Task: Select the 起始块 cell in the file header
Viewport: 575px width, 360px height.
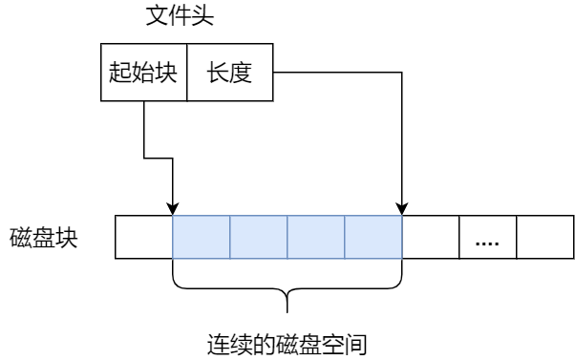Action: pos(143,73)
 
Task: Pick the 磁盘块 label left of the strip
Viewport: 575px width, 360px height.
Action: pos(44,238)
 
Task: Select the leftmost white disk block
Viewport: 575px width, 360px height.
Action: pos(143,238)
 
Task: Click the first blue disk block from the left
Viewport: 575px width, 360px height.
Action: pos(202,238)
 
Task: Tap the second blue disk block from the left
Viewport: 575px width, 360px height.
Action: pos(259,238)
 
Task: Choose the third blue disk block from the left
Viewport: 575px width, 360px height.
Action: pos(316,238)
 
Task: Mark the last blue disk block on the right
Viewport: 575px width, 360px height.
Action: pos(373,238)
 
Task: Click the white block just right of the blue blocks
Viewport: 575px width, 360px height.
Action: pos(431,238)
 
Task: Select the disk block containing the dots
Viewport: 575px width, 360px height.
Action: pos(488,238)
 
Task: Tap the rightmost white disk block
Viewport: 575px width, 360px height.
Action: pos(545,238)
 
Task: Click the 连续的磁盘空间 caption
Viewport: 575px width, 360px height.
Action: pos(287,342)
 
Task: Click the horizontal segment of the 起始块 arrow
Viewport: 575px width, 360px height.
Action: pos(158,157)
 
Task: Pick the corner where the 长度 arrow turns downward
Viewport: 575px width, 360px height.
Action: pos(402,72)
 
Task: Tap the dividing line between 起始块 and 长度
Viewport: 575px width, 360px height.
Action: pos(186,73)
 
